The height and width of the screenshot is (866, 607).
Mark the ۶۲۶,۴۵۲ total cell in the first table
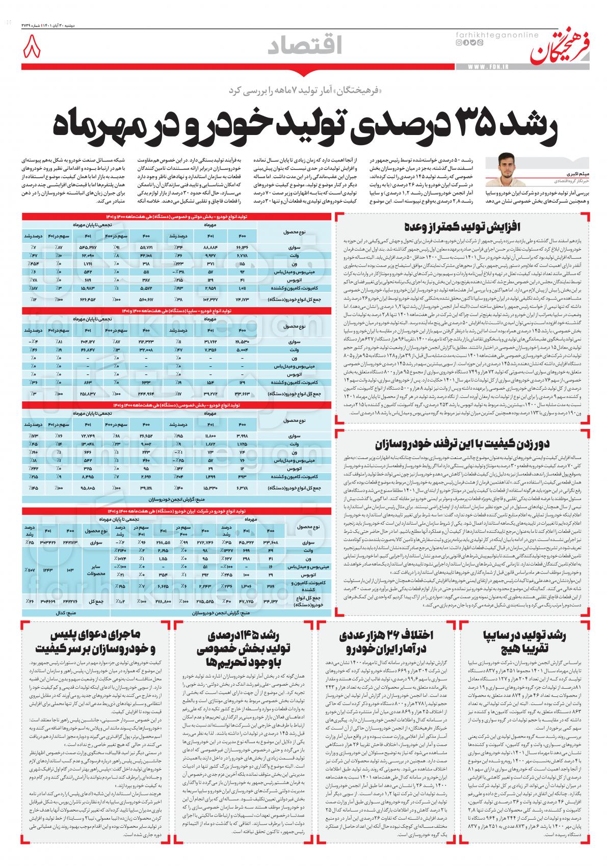(88, 299)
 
